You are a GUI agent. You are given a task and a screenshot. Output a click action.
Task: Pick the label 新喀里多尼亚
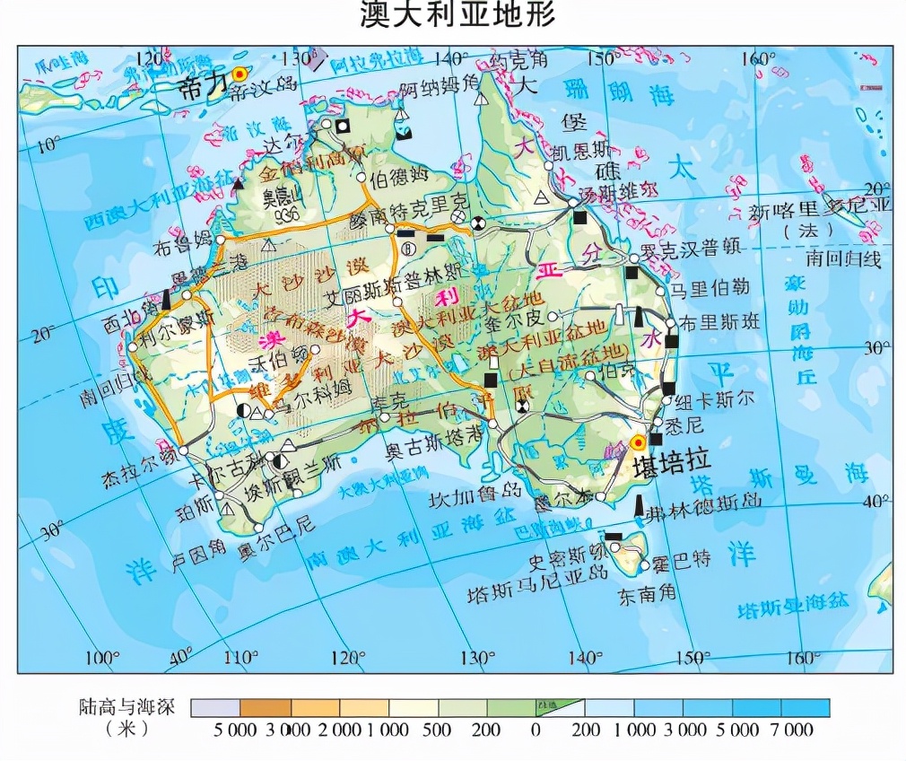coord(821,214)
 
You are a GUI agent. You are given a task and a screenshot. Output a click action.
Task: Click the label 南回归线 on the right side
coord(843,259)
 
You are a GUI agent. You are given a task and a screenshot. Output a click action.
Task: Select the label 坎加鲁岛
coord(474,495)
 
